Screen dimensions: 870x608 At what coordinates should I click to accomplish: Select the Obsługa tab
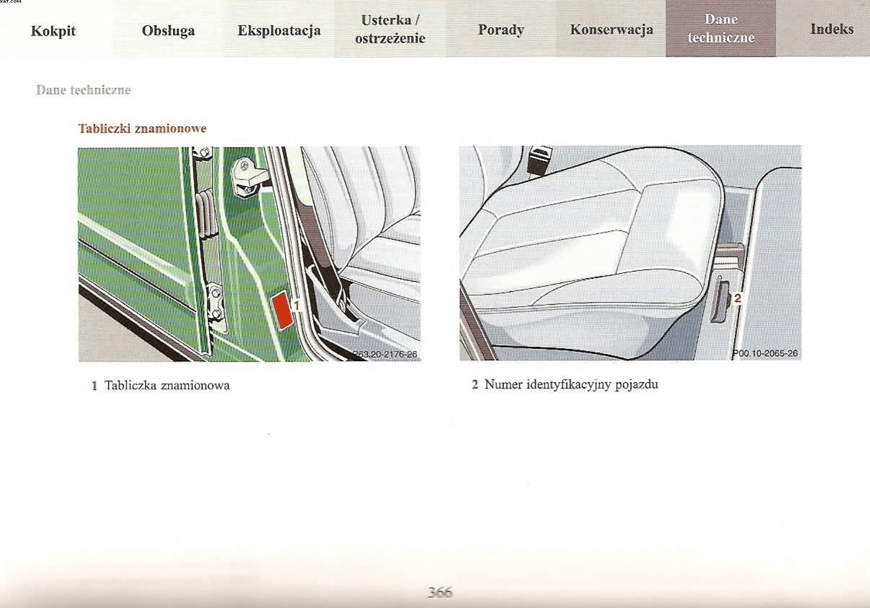[168, 30]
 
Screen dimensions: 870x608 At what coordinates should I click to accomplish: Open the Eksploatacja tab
[279, 30]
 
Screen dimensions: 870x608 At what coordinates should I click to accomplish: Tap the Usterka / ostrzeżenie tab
[390, 29]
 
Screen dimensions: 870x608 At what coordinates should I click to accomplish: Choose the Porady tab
[501, 29]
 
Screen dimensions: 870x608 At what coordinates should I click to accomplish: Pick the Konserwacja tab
[612, 29]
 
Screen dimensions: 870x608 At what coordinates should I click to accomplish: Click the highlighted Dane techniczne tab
[721, 28]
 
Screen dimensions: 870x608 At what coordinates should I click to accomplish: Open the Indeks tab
[832, 29]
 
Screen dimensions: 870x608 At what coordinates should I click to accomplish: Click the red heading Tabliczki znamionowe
[142, 129]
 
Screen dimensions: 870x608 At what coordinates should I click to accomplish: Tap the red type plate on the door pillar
[282, 311]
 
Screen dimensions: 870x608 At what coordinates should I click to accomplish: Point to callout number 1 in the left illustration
[296, 305]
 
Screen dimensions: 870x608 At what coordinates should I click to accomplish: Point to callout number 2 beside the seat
[737, 298]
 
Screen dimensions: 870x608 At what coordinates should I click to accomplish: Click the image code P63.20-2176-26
[384, 354]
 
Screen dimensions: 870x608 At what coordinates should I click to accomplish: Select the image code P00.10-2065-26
[765, 353]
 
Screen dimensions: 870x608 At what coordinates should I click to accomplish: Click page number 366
[440, 592]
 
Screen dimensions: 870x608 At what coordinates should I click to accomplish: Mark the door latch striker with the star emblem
[247, 176]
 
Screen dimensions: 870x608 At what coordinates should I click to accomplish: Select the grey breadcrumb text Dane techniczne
[84, 90]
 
